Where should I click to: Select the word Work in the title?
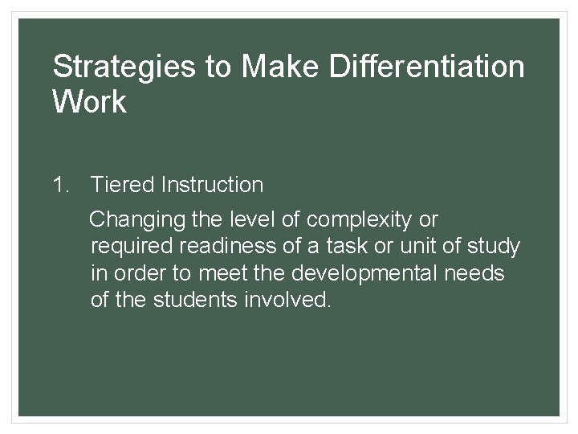89,102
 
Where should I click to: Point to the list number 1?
59,186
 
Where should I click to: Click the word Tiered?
122,186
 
